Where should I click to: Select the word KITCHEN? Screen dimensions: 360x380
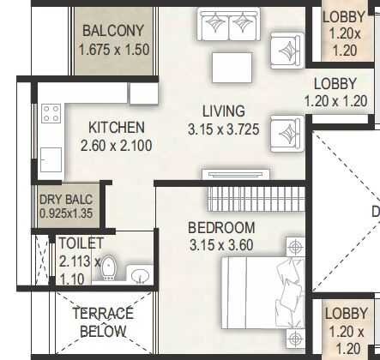click(x=117, y=128)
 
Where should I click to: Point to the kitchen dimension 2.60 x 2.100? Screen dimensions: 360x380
click(x=117, y=146)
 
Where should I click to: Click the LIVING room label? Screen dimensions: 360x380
click(x=224, y=111)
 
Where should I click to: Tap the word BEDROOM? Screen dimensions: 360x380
click(x=222, y=227)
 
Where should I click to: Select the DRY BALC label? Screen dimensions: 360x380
click(x=66, y=201)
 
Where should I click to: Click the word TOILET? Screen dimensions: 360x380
click(x=81, y=244)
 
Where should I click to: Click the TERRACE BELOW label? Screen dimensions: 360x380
click(x=102, y=321)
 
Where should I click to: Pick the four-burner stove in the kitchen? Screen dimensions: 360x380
click(x=51, y=113)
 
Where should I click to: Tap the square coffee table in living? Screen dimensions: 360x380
click(x=230, y=68)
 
